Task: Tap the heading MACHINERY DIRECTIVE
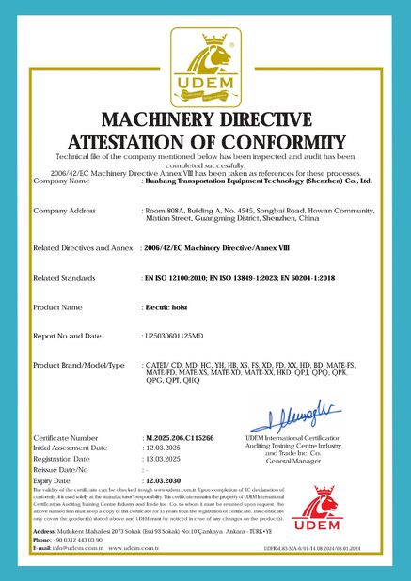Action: point(205,119)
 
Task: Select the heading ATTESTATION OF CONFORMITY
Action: point(205,140)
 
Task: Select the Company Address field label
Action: point(65,210)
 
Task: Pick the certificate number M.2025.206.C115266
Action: point(180,438)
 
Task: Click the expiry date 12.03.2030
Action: point(164,479)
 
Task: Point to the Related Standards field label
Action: point(64,278)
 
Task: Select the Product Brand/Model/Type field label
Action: point(79,364)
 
